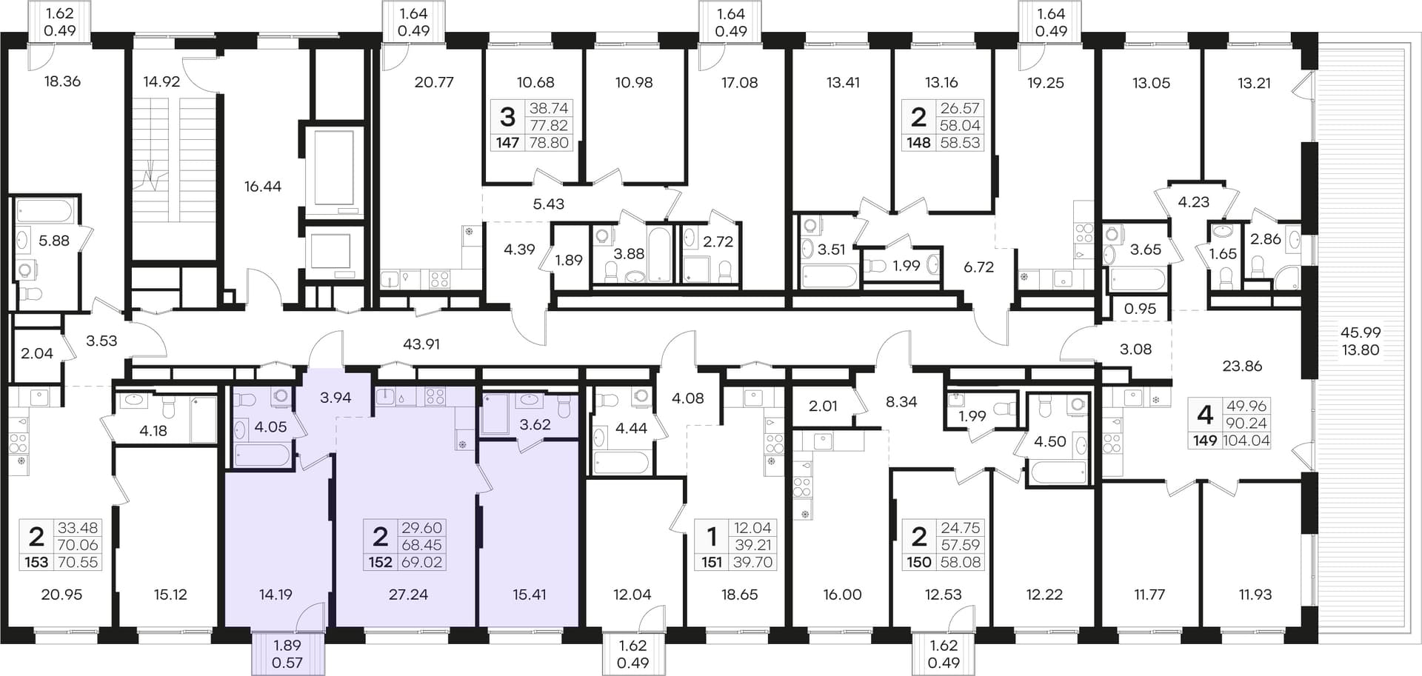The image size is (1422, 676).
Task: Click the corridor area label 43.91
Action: pyautogui.click(x=421, y=344)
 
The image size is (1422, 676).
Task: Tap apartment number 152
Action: pyautogui.click(x=380, y=562)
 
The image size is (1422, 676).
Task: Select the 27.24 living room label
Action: pyautogui.click(x=408, y=594)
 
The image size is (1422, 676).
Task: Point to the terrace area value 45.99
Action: pyautogui.click(x=1361, y=332)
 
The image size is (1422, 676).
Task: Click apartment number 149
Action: pyautogui.click(x=1204, y=441)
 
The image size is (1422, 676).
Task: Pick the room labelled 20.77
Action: pyautogui.click(x=434, y=82)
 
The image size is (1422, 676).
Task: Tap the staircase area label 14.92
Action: pyautogui.click(x=161, y=81)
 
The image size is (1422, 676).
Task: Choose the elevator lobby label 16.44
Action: pyautogui.click(x=263, y=187)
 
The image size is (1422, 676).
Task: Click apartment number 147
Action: pyautogui.click(x=507, y=142)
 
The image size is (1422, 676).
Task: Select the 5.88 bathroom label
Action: pyautogui.click(x=54, y=241)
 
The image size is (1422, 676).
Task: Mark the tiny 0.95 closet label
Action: pyautogui.click(x=1140, y=309)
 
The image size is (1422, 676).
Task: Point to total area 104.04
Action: pyautogui.click(x=1246, y=441)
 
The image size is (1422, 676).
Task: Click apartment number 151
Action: pyautogui.click(x=711, y=562)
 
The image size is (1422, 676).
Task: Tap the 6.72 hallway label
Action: pyautogui.click(x=978, y=267)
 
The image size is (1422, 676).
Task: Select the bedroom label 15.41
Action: pyautogui.click(x=530, y=594)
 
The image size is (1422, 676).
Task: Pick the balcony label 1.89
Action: pyautogui.click(x=287, y=645)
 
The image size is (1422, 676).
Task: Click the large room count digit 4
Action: pyautogui.click(x=1205, y=415)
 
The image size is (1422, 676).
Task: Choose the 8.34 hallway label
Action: pyautogui.click(x=901, y=401)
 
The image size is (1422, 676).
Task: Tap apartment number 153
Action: pyautogui.click(x=36, y=562)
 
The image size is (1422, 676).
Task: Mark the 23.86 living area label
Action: pyautogui.click(x=1242, y=366)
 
